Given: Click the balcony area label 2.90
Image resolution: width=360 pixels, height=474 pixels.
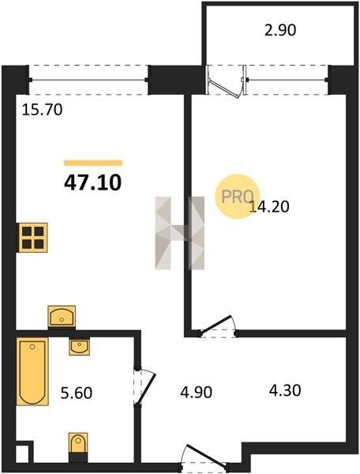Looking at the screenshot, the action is pos(280,30).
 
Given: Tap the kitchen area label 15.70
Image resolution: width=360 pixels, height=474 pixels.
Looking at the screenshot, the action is pos(43,110).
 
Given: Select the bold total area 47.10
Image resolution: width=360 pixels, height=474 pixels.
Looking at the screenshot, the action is pos(92,182).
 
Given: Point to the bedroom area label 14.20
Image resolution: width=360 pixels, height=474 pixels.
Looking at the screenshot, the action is pos(269,207).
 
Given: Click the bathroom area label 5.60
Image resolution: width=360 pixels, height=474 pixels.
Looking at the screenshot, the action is pos(77,393).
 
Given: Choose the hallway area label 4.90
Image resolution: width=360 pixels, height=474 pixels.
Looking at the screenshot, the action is pos(197,392).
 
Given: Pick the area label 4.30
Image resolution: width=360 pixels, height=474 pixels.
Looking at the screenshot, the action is pos(285,390).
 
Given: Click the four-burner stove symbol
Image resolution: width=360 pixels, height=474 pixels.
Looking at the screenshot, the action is pos(33,237).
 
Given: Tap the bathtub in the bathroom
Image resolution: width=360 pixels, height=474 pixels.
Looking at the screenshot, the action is pos(32,371).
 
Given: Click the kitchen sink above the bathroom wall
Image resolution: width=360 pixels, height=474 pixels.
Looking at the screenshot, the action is pos(62,316).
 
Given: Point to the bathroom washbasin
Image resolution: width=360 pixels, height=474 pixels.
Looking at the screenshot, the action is pos(79,347).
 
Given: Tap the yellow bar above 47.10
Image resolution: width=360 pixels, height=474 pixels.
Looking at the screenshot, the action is pos(93,164).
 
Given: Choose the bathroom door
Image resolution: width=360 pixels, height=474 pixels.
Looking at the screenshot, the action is pos(144,386).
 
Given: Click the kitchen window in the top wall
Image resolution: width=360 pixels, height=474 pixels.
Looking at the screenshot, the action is pos(88,80).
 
